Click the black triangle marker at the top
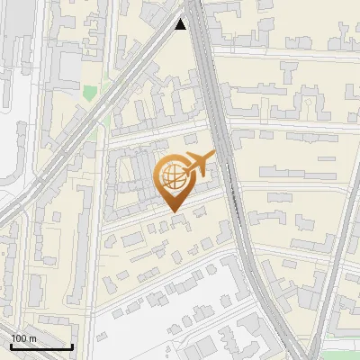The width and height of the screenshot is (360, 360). click(181, 24)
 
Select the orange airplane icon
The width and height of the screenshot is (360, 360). click(200, 164)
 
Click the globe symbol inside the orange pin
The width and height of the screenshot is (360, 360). click(172, 174)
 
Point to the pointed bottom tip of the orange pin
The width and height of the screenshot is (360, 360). click(172, 211)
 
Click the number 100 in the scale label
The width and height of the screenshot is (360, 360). click(19, 337)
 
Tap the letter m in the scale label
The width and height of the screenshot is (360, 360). click(32, 337)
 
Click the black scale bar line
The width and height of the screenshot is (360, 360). click(41, 346)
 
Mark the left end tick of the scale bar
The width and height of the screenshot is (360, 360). click(11, 345)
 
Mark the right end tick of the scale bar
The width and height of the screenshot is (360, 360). click(73, 345)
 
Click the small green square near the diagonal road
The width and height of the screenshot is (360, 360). click(90, 92)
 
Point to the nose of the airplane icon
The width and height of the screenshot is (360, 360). click(214, 155)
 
